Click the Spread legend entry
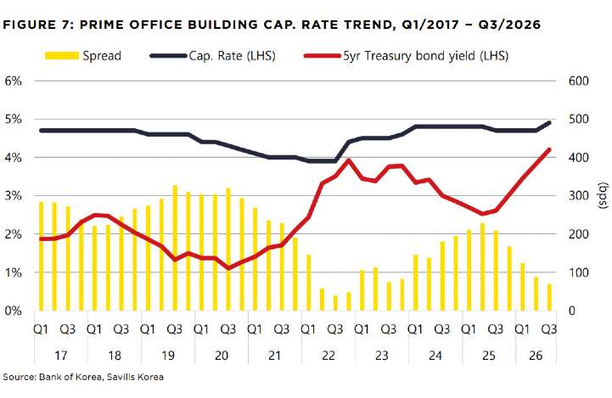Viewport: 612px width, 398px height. coord(82,56)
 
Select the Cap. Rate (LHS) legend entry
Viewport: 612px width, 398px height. coord(213,56)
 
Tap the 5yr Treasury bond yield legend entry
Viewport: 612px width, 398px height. coord(406,56)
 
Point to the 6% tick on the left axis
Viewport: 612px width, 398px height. coord(13,81)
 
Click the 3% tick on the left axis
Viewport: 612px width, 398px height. coord(13,195)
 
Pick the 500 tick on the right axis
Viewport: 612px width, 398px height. coord(578,119)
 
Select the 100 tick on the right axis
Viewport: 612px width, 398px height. coord(578,272)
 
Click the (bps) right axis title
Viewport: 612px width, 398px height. coord(604,195)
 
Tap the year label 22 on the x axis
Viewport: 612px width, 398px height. coord(328,356)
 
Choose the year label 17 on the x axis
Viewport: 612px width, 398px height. coord(60,356)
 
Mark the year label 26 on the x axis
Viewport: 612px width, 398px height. coord(536,356)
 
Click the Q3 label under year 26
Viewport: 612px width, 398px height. coord(549,329)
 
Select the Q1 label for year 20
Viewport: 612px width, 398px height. coord(201,329)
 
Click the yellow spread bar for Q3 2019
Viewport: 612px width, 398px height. coord(175,248)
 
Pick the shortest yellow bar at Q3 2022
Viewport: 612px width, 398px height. coord(335,303)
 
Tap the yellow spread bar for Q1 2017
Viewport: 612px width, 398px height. coord(41,256)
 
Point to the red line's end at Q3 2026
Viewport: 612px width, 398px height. coord(549,149)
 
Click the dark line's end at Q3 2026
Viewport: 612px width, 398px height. coord(549,122)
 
